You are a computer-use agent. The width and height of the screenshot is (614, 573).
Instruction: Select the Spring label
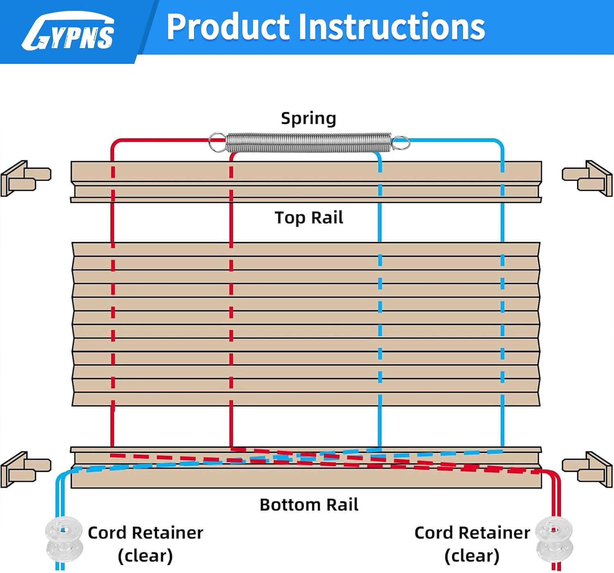[309, 118]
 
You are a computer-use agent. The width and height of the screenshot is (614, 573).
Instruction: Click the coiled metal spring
[309, 142]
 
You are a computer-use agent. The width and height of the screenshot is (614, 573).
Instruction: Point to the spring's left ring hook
[217, 142]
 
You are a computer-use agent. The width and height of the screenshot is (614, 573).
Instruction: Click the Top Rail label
[309, 218]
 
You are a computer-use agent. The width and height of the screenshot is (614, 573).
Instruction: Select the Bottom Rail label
[309, 505]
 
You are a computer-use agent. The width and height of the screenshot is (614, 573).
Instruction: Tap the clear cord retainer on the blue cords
[64, 539]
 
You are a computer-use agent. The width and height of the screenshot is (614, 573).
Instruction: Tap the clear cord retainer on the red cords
[554, 540]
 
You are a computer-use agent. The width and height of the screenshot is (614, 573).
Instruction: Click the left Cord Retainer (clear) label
[145, 544]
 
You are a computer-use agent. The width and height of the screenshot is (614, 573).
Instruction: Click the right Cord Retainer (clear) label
[472, 544]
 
